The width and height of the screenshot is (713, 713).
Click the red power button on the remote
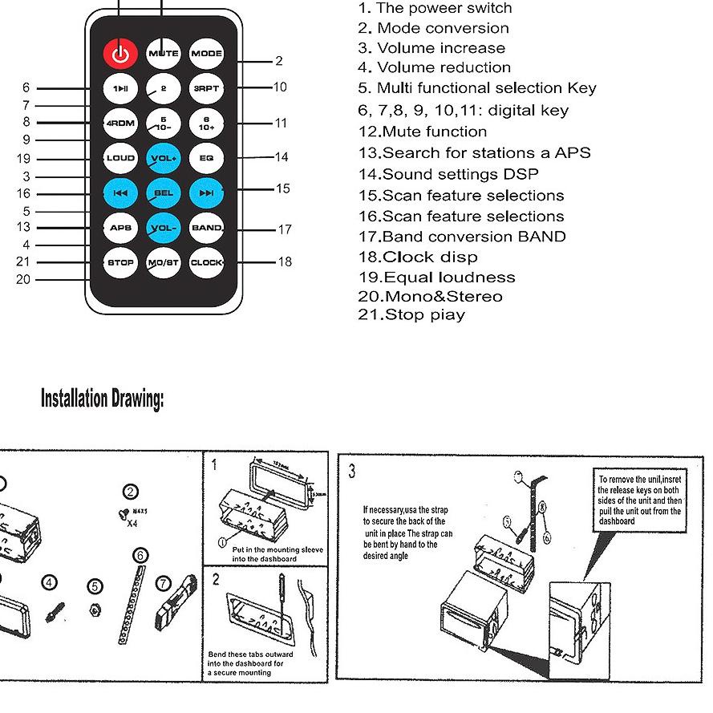click(120, 55)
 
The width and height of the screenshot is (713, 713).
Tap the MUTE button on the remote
click(163, 54)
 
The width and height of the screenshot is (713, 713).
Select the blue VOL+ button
click(163, 158)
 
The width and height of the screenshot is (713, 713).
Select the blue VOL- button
click(163, 228)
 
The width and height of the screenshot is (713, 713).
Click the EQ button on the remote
click(205, 158)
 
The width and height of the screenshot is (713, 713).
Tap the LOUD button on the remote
click(120, 158)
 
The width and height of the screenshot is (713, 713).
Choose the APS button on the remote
click(120, 228)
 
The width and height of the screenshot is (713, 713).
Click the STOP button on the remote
click(120, 262)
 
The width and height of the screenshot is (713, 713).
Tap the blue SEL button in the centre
click(163, 193)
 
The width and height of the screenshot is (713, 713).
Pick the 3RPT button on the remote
click(205, 89)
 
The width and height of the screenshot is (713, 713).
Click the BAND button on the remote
click(206, 228)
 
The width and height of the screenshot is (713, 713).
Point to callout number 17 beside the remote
click(285, 230)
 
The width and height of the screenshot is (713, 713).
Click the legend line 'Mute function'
click(423, 132)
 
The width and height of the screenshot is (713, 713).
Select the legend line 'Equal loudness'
click(437, 278)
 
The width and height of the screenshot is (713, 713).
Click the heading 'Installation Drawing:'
click(102, 399)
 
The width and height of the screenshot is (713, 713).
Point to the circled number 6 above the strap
click(140, 556)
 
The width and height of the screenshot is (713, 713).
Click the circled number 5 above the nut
click(95, 588)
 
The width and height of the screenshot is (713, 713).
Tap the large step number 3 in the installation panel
click(351, 472)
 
